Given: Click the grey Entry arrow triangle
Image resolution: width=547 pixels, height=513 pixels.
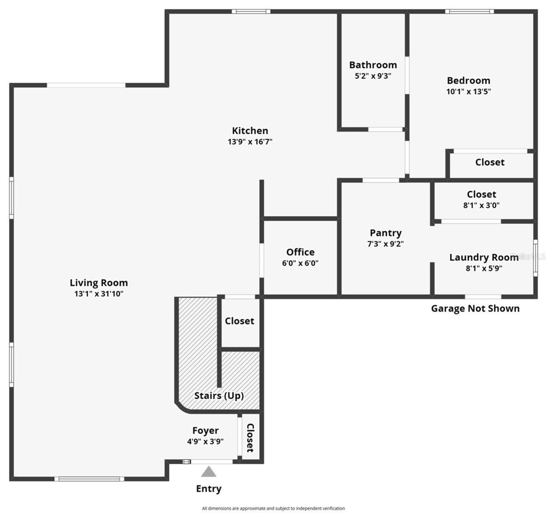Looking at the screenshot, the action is [209, 472].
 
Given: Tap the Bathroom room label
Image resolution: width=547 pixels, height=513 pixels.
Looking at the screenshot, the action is [373, 65].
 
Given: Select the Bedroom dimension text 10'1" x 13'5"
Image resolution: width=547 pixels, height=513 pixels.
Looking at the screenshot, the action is [468, 91].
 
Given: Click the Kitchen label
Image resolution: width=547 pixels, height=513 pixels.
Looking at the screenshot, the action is [250, 131].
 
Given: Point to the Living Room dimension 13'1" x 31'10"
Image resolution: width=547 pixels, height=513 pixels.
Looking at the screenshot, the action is [99, 293].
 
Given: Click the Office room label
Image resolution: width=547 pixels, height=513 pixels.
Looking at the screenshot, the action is [300, 252].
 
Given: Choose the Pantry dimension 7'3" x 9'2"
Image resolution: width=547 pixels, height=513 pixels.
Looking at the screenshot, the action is [385, 244].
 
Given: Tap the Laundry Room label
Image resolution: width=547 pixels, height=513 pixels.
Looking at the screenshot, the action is [484, 258].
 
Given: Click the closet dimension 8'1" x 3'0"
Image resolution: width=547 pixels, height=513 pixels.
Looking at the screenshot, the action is [481, 205].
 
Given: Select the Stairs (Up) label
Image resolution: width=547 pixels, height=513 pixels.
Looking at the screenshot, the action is [219, 396].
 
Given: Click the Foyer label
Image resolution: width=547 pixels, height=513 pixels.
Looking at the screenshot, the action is [205, 431].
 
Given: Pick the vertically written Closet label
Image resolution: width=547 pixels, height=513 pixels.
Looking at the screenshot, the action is [250, 437].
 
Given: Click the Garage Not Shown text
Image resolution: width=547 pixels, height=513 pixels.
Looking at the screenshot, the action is [475, 308].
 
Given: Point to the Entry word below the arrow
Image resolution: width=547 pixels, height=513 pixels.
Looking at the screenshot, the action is [209, 489].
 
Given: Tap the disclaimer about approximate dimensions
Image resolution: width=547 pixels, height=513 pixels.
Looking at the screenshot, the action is [273, 508].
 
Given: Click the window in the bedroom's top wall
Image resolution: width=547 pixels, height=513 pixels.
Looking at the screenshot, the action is [469, 11].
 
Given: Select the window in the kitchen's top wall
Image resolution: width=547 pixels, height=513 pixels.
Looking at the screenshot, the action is [251, 11].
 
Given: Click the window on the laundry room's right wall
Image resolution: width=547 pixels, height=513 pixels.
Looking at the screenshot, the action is [535, 258].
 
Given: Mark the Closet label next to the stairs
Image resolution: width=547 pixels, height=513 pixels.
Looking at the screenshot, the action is [239, 321].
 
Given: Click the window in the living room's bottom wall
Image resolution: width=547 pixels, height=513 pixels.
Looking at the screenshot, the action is [89, 479].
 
